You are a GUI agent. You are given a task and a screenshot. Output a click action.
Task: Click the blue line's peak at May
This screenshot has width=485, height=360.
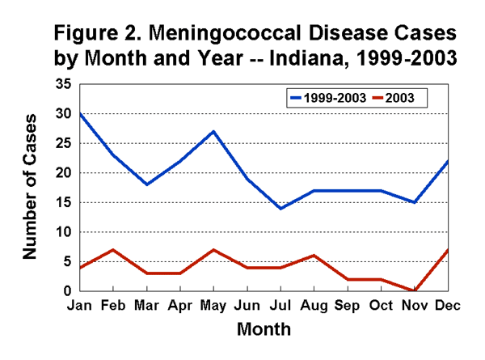213,131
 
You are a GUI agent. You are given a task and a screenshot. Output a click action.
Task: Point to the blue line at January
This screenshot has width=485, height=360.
80,113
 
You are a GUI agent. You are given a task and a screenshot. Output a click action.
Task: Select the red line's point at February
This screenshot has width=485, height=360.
113,249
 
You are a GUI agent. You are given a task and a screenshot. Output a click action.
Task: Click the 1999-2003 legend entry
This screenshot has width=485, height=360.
324,98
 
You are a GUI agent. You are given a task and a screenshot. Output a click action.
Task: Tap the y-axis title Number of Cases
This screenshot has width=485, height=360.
31,187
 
